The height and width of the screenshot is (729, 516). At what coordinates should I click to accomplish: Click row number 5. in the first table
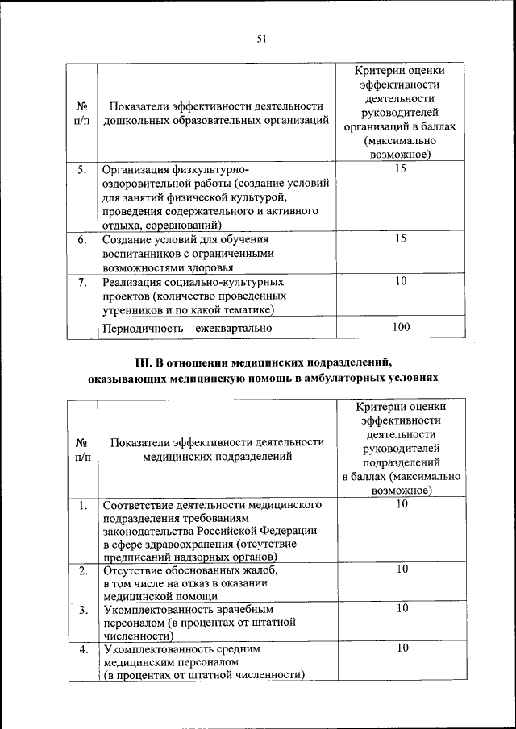(81, 170)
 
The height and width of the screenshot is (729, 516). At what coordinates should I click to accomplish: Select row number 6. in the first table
(81, 240)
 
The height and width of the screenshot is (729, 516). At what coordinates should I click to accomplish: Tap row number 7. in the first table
(81, 282)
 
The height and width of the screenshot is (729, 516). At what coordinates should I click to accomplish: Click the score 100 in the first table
(402, 327)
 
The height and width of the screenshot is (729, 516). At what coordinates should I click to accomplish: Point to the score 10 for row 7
(402, 281)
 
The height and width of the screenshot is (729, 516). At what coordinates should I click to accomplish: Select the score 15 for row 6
(402, 239)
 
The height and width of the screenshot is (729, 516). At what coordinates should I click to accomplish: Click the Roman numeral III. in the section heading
(145, 362)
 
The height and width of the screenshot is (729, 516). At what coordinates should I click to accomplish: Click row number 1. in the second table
(82, 505)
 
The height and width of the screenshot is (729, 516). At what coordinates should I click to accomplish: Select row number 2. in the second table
(82, 570)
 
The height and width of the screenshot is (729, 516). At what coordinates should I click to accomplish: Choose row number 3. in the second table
(82, 610)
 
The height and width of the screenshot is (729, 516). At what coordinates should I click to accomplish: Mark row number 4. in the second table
(82, 649)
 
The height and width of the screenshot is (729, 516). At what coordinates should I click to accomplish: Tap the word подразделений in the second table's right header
(402, 463)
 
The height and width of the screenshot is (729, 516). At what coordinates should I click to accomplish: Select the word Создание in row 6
(127, 240)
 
